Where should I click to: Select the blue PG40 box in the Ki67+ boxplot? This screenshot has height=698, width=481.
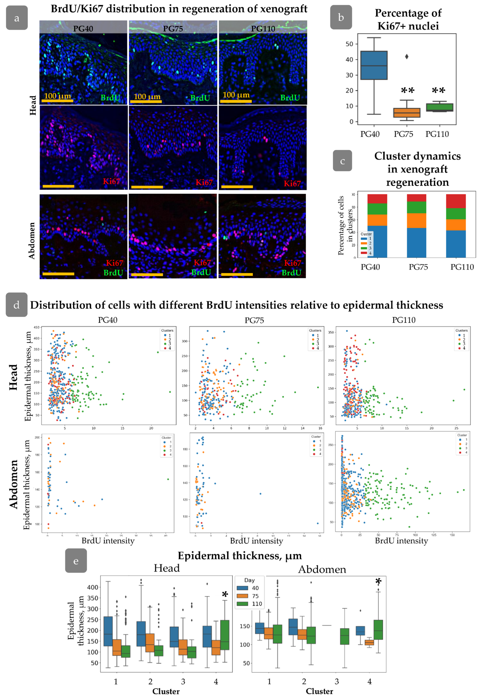(x=374, y=65)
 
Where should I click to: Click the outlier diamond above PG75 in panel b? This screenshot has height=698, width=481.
(x=406, y=56)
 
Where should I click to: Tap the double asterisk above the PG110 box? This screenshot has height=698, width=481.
(x=438, y=90)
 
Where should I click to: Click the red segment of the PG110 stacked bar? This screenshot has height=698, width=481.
(x=456, y=201)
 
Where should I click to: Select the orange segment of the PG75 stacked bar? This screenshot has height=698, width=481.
(x=417, y=220)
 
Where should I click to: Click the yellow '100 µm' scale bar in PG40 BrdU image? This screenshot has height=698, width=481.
(x=57, y=101)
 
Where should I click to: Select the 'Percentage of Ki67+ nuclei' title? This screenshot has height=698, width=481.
(x=408, y=19)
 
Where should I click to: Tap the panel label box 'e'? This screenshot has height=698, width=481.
(x=76, y=561)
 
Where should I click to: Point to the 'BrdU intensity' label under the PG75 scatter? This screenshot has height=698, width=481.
(x=257, y=541)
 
